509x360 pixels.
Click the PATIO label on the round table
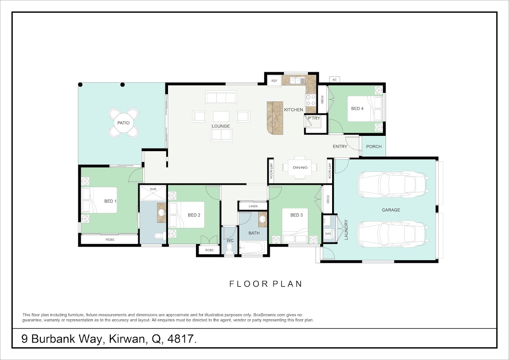pos(123,123)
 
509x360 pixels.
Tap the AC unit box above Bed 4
pos(335,79)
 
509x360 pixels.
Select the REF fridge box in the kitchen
pos(274,81)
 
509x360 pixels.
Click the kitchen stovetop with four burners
pos(310,100)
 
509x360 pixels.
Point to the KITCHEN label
pos(294,110)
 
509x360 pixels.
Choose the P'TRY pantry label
pos(314,118)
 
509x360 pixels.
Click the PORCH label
pos(374,147)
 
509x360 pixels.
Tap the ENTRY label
pos(340,147)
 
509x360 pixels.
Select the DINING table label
pos(300,168)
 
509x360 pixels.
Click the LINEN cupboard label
pos(253,206)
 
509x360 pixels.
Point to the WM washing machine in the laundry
pos(328,233)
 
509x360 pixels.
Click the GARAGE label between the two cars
pos(391,210)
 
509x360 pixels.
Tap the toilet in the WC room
pos(229,248)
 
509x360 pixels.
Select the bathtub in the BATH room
pos(252,247)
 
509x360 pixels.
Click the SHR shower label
pos(153,189)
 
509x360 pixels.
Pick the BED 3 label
pos(296,215)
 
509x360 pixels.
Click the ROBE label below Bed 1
pos(110,239)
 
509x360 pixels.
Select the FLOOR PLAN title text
pos(266,284)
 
